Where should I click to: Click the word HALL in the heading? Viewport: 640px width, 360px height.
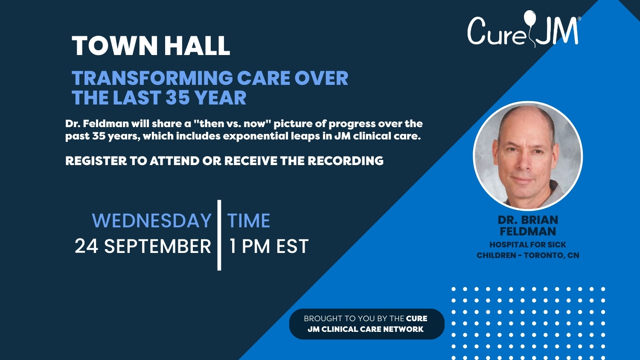[198, 46]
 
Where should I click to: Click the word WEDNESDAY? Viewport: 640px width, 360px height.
[152, 221]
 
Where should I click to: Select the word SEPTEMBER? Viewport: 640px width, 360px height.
[157, 246]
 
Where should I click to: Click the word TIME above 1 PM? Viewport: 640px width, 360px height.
[249, 221]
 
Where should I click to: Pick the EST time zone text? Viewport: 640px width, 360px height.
[292, 246]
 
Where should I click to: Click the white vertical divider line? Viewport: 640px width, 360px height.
[219, 235]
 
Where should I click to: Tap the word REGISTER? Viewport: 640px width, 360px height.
[96, 161]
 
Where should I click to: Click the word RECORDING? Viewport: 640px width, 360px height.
[346, 161]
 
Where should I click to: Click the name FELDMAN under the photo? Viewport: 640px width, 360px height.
[528, 232]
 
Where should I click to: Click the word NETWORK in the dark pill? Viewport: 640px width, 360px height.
[403, 329]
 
